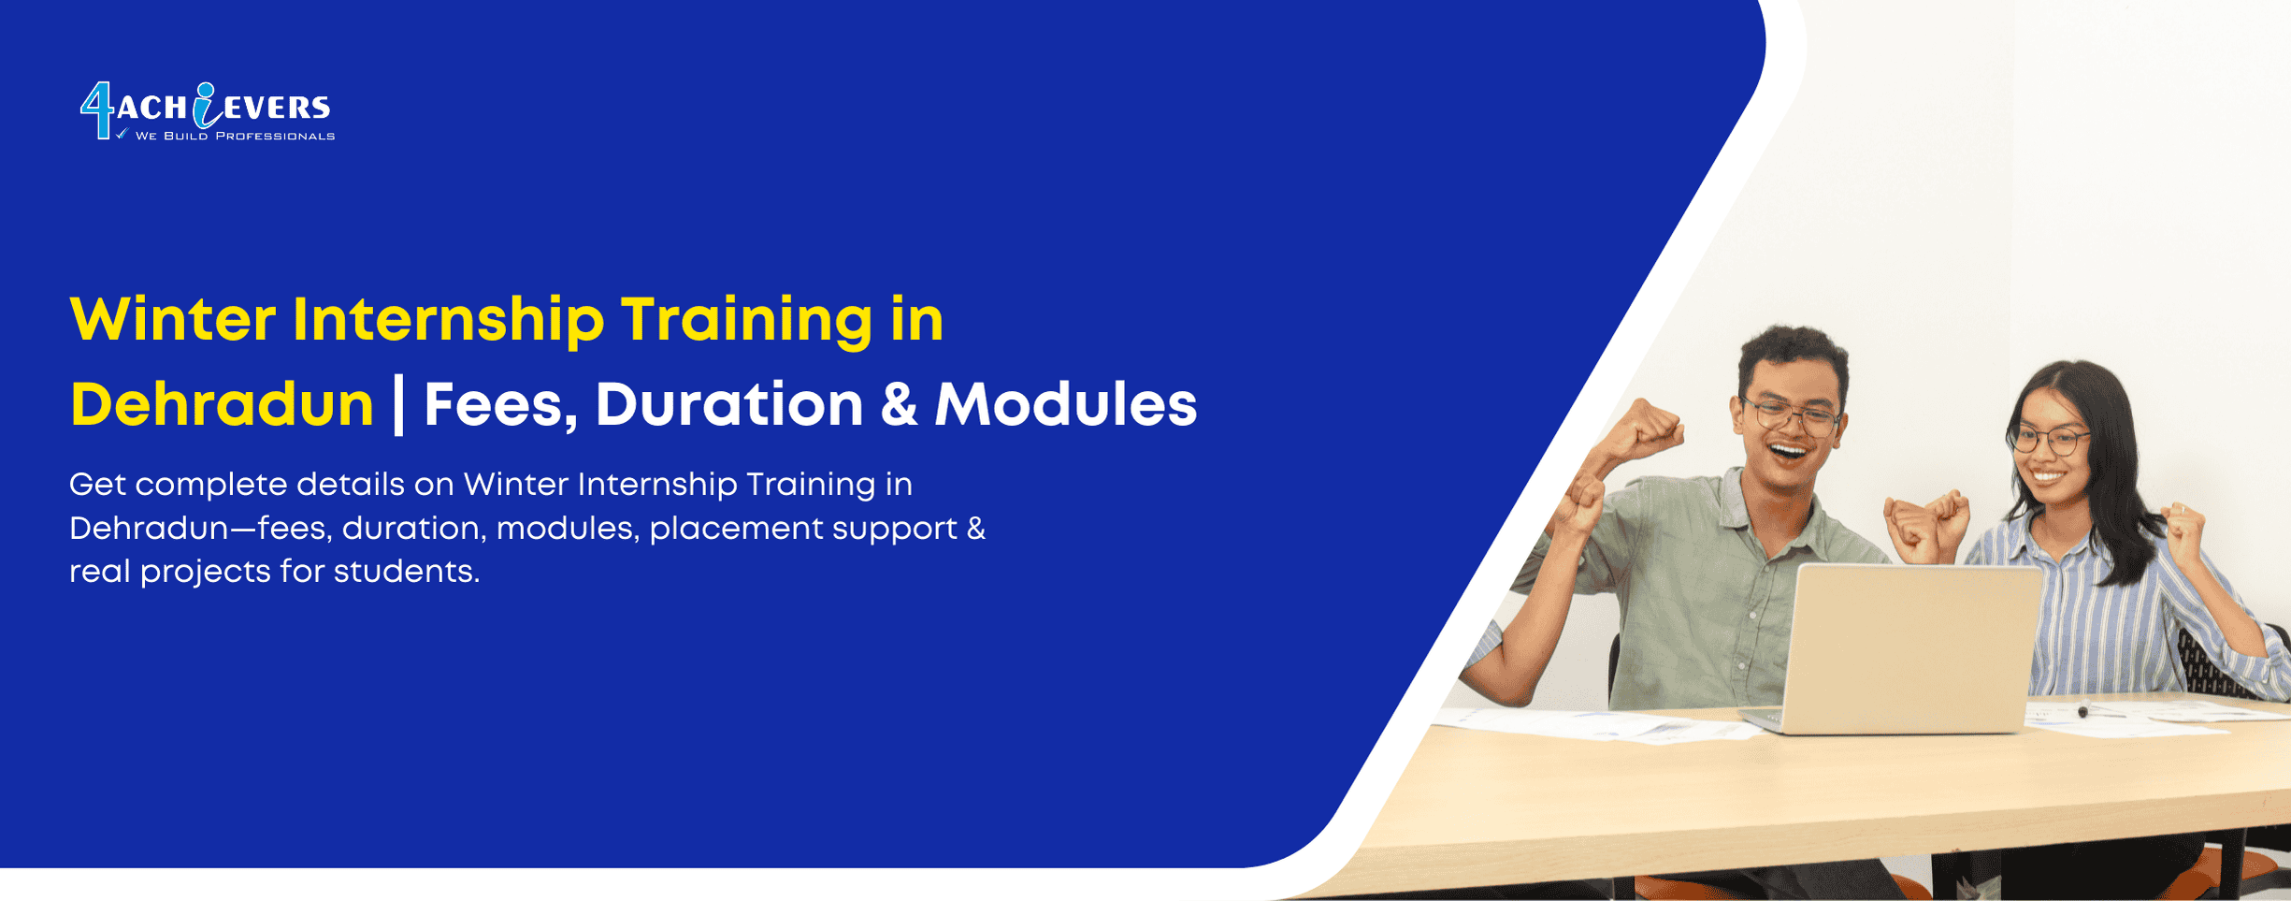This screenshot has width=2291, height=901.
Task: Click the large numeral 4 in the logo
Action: (x=97, y=110)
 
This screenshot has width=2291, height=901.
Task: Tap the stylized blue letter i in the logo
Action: (x=205, y=105)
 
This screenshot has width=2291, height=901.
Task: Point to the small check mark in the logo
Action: (x=122, y=135)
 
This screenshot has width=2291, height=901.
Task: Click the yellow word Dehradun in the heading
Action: (x=222, y=405)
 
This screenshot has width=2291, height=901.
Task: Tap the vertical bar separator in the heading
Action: (x=399, y=405)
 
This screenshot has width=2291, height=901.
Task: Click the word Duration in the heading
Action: (x=729, y=405)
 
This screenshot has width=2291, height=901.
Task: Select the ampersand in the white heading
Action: (x=899, y=405)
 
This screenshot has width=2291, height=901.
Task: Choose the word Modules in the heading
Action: (x=1066, y=405)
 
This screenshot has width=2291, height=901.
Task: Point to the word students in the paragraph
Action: (x=406, y=572)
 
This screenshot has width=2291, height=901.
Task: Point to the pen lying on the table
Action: (x=2083, y=709)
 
